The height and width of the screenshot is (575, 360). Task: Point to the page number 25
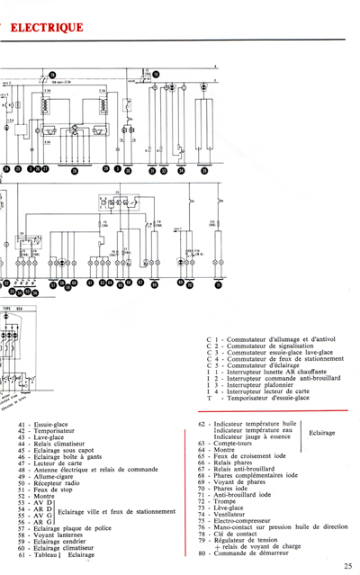[x=347, y=564]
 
